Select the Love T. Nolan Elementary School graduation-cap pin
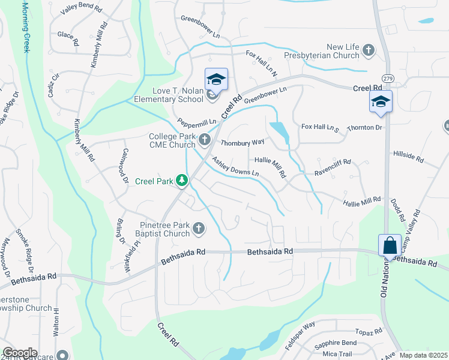tap(216, 79)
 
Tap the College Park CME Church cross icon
tap(205, 140)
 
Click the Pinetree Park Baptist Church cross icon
tap(198, 228)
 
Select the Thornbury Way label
tap(243, 143)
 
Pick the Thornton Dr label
tap(365, 128)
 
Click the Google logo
tap(20, 353)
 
